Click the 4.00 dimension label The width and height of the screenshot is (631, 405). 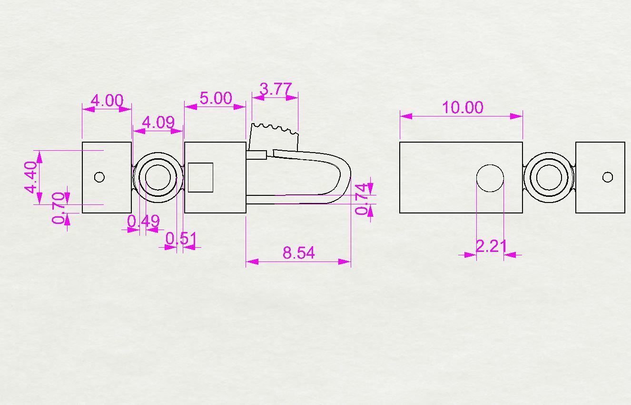pos(107,100)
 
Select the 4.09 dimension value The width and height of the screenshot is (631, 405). pos(158,122)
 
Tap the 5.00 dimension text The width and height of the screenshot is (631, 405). pos(216,98)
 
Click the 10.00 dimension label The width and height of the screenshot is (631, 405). pos(463,107)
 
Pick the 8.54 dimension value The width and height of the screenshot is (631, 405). pos(298,252)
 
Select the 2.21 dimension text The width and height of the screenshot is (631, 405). pos(491,246)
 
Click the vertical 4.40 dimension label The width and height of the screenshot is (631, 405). pos(31,177)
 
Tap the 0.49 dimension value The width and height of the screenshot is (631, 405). pos(143,221)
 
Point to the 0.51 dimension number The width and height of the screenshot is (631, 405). pos(181,238)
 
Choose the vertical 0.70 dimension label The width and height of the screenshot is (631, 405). pos(59,208)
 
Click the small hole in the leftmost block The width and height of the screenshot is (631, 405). pos(99,177)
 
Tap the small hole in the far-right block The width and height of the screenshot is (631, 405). pos(608,177)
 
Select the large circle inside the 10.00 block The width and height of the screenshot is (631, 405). pos(490,178)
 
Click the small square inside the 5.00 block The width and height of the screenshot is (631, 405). pos(200,177)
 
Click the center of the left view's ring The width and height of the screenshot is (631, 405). pos(158,178)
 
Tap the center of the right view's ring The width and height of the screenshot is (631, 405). pos(549,178)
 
